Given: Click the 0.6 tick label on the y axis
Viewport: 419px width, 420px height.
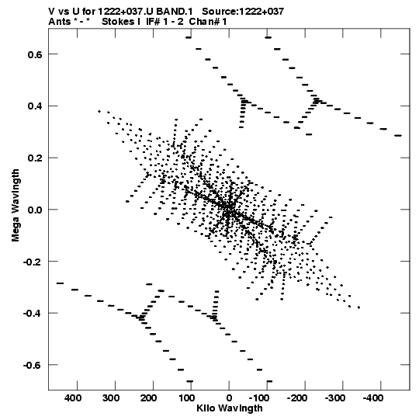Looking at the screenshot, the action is coord(35,54).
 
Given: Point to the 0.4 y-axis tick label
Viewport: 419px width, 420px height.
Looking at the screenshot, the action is coord(35,106).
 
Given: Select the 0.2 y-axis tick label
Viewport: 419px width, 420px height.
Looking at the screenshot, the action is coord(35,158).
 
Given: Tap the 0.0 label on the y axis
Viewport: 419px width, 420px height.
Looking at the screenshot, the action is coord(35,210).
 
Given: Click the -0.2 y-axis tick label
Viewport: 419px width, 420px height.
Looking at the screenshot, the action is coord(33,262).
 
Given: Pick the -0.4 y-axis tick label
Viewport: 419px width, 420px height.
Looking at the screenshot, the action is coord(33,313).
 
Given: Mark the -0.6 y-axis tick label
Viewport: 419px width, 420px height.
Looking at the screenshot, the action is coord(33,365).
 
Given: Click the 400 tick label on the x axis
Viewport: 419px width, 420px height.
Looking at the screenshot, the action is coord(73,398).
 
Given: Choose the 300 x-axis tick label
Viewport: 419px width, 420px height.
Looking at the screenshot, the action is coord(111,398).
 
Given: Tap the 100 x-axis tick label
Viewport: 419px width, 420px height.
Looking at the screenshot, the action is coord(186,398).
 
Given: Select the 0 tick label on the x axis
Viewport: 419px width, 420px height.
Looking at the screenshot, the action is coord(229,398).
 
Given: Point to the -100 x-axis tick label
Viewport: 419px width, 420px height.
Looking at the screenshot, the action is coord(259,398).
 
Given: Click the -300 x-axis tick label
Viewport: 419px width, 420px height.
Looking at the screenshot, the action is coord(335,398).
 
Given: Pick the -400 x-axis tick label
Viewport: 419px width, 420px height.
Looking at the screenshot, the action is coord(373,398).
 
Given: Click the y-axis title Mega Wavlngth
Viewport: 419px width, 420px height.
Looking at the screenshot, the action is coord(16,206).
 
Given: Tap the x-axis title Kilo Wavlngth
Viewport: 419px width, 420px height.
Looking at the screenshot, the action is coord(230,408).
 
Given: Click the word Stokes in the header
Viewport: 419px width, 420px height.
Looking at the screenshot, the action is coord(119,21).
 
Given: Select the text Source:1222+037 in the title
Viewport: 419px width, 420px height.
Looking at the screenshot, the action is coord(243,12).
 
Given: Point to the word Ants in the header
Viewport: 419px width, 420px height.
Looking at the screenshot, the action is coord(60,21).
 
